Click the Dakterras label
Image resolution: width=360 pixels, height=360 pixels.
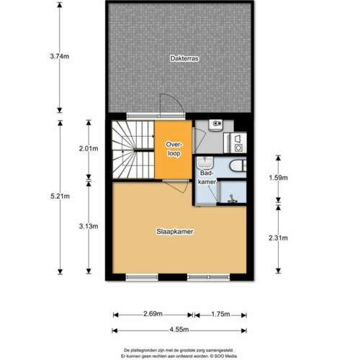184,58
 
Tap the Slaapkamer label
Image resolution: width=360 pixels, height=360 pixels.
175,232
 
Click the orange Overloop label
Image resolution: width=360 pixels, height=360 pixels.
174,149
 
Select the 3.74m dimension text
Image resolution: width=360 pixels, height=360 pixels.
60,56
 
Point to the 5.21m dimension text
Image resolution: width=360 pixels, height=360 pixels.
60,197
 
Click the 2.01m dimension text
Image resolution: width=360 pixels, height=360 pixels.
89,148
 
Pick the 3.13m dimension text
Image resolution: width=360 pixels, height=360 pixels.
89,226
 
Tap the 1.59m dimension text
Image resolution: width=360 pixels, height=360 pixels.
278,178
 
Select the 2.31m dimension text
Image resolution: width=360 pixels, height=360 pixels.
278,238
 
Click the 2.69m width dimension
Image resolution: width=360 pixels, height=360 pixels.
153,314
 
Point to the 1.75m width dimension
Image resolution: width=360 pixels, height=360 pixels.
220,314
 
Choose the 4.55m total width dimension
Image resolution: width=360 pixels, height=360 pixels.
179,330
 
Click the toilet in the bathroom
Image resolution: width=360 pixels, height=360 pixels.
238,166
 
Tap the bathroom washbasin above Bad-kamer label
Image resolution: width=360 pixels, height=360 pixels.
204,163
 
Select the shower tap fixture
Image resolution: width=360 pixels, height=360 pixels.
231,199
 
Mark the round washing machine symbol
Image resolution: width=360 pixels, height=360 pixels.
238,148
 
